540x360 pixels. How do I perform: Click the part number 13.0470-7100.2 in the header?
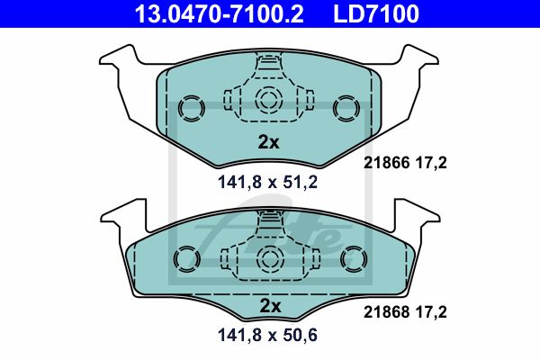point(220,13)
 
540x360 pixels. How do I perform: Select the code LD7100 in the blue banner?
point(376,13)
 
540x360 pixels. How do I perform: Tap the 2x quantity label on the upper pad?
point(268,142)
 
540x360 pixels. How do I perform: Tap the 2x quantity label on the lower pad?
point(270,306)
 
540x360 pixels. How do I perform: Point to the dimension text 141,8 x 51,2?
point(267,182)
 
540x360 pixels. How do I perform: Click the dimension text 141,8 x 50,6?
point(267,335)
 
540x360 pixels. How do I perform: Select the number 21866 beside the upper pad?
point(386,163)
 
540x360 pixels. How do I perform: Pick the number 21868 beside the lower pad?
point(386,312)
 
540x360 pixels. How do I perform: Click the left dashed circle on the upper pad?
point(191,108)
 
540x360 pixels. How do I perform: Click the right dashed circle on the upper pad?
point(346,108)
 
